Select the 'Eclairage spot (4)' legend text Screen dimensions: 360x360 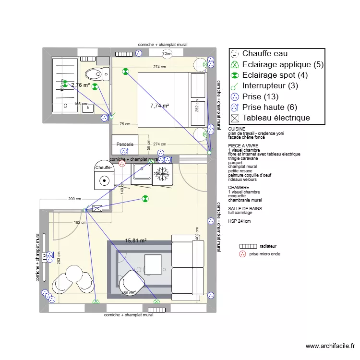click(x=275, y=75)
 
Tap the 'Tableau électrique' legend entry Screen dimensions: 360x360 click(x=276, y=118)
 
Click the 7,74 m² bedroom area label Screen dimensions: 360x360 click(x=159, y=106)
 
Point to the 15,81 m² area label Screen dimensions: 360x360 click(x=136, y=241)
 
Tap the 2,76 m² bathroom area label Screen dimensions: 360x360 click(x=80, y=85)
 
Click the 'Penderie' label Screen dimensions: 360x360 click(x=125, y=144)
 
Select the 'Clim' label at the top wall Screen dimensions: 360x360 click(x=167, y=54)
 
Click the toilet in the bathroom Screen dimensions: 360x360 click(x=94, y=74)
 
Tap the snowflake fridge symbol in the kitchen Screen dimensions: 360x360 click(x=163, y=174)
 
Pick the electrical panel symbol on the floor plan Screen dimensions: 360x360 click(x=97, y=209)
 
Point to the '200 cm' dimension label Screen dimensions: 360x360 click(x=74, y=199)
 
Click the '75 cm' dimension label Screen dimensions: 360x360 click(x=125, y=124)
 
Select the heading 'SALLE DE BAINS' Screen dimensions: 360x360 click(x=244, y=209)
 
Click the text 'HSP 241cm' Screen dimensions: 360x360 click(x=240, y=221)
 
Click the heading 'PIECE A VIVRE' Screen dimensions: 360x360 click(x=243, y=145)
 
